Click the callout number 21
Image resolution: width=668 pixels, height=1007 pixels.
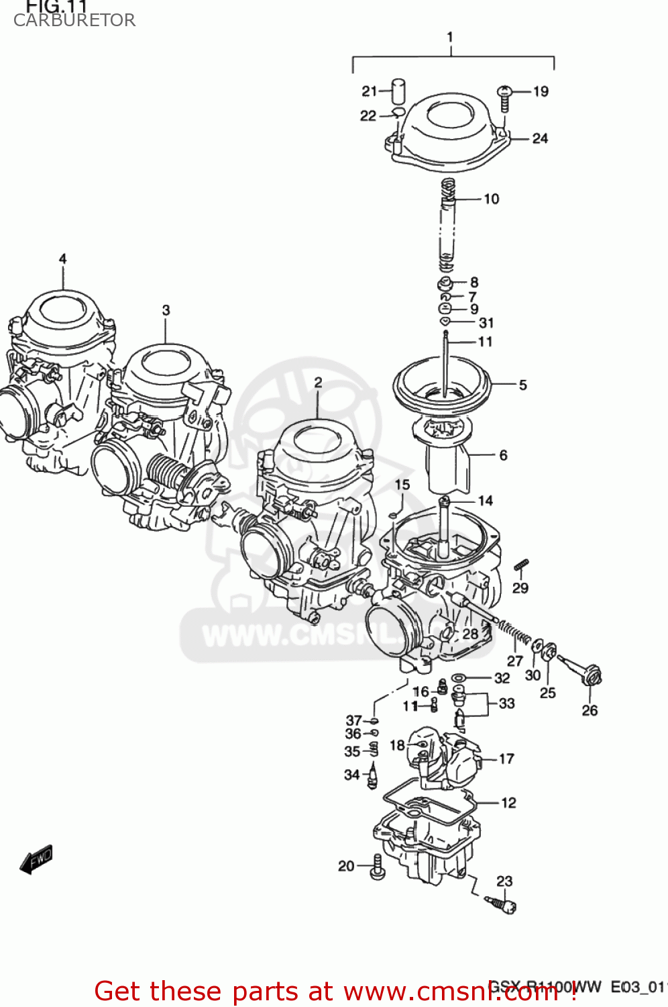coord(370,91)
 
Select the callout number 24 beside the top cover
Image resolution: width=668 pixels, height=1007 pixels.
coord(540,138)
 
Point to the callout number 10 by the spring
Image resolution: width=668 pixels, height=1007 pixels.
coord(492,199)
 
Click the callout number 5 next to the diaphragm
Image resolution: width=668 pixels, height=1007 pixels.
coord(522,385)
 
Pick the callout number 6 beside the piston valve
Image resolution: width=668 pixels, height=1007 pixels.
coord(503,455)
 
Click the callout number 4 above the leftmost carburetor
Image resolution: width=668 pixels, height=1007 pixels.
coord(62,258)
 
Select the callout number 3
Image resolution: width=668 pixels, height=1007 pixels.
coord(166,310)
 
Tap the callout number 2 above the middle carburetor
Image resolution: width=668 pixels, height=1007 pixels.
coord(318,382)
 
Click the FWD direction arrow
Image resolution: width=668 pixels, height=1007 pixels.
coord(36,859)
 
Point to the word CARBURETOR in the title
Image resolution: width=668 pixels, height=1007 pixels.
coord(74,20)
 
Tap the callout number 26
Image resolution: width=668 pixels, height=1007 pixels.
coord(590,710)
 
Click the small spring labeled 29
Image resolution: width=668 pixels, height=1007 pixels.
coord(522,565)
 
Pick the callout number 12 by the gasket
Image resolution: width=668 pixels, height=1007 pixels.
coord(508,802)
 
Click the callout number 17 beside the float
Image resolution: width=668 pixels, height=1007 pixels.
coord(506,759)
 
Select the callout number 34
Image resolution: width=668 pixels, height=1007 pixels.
coord(352,775)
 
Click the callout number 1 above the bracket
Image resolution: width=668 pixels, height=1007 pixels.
coord(450,37)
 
